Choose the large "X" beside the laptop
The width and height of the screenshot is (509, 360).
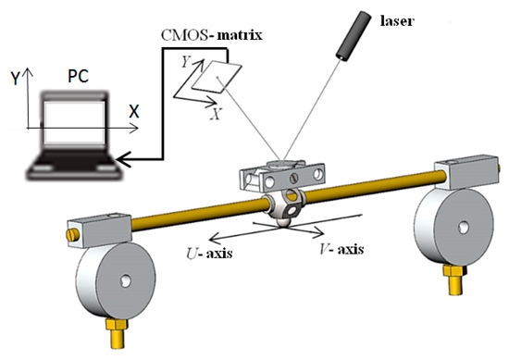click(x=134, y=110)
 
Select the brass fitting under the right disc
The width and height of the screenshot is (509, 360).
click(x=453, y=279)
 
